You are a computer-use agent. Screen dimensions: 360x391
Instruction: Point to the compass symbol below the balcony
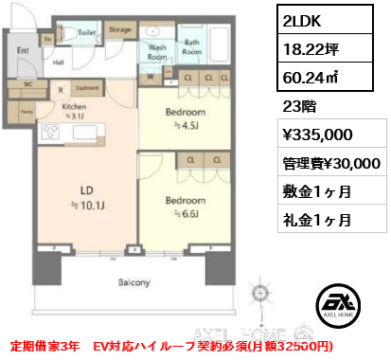pos(258,292)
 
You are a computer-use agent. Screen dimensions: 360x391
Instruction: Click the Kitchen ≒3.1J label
pos(75,112)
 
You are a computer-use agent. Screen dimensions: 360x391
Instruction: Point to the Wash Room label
pos(157,49)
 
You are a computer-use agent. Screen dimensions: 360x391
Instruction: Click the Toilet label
pos(87,31)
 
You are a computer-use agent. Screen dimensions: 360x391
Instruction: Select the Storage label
pos(119,29)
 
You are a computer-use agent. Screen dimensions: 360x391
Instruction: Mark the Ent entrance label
pos(23,52)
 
